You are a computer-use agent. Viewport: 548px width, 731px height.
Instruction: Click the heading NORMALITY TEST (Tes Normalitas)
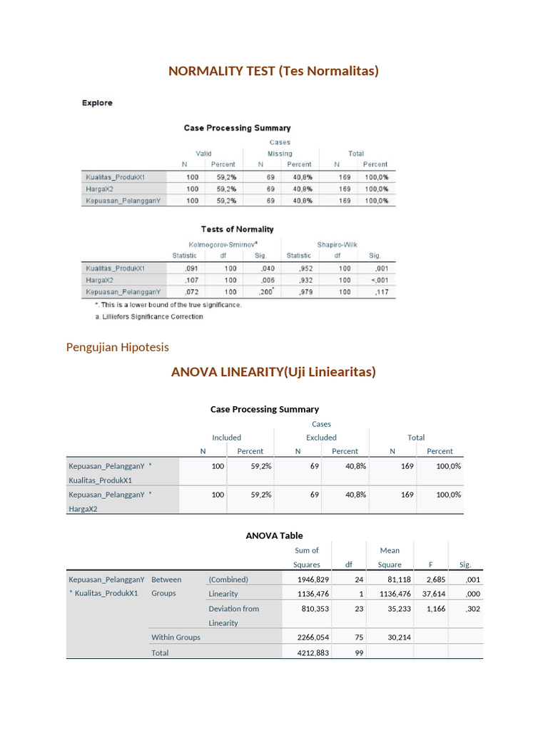pos(273,71)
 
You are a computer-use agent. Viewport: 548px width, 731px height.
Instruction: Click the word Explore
pos(97,103)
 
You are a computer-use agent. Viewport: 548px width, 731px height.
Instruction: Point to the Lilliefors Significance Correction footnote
pos(148,316)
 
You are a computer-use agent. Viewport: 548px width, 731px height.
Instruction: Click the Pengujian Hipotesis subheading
pos(117,347)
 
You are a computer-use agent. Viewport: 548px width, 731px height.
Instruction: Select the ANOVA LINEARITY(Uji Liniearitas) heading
pos(273,372)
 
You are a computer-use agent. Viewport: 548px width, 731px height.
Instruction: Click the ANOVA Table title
pos(274,535)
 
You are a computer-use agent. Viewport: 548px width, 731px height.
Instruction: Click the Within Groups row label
pos(176,637)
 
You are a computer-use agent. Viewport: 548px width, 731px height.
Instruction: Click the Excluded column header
pos(321,438)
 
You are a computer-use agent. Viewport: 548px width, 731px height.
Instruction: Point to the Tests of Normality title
pos(237,229)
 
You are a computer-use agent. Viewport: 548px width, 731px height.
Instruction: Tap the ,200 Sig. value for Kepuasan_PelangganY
pos(264,292)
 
